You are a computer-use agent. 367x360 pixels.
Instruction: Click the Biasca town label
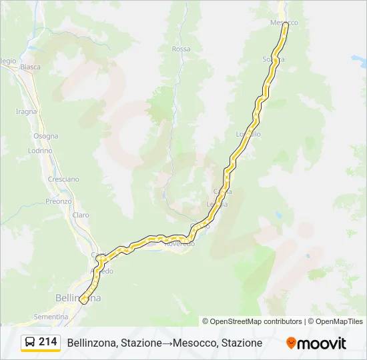(x=30, y=67)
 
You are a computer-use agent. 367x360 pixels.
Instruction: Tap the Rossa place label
(x=181, y=49)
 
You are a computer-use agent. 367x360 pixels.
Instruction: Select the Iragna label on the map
(x=26, y=111)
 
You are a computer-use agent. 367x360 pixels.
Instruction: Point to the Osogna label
(x=46, y=136)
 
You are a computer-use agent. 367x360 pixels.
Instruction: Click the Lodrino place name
(x=40, y=151)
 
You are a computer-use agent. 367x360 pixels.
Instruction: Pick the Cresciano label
(x=63, y=179)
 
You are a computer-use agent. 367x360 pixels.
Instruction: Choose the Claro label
(x=81, y=215)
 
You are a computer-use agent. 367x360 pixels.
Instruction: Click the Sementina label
(x=51, y=316)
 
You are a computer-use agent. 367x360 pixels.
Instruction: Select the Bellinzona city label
(x=78, y=298)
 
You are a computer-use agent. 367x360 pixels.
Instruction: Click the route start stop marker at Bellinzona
(x=83, y=301)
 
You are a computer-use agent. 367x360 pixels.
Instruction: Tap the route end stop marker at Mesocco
(x=286, y=25)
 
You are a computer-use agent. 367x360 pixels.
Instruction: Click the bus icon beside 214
(x=30, y=343)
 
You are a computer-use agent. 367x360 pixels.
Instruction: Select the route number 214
(x=47, y=342)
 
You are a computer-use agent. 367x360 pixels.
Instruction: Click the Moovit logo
(x=316, y=343)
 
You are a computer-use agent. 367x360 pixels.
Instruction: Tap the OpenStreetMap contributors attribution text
(x=256, y=321)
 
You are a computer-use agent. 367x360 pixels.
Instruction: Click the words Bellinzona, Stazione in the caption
(x=114, y=343)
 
